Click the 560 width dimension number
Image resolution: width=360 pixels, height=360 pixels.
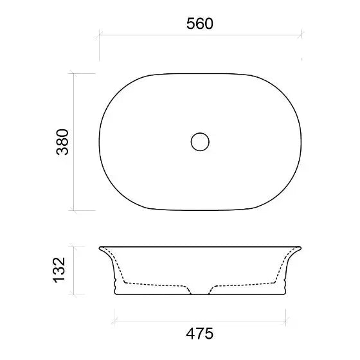coord(200,23)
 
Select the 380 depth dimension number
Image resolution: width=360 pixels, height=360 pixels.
coord(62,142)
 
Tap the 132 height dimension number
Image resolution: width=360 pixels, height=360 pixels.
coord(59,270)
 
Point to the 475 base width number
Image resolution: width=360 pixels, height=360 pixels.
coord(199,334)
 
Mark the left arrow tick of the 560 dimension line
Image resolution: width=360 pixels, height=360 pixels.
coord(99,35)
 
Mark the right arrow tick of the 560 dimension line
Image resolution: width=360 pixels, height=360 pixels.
coord(301,35)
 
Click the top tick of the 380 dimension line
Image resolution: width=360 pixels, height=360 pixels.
coord(73,73)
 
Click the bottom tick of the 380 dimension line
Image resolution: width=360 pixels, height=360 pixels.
coord(73,210)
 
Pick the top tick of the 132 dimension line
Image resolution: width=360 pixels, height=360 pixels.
coord(73,247)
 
